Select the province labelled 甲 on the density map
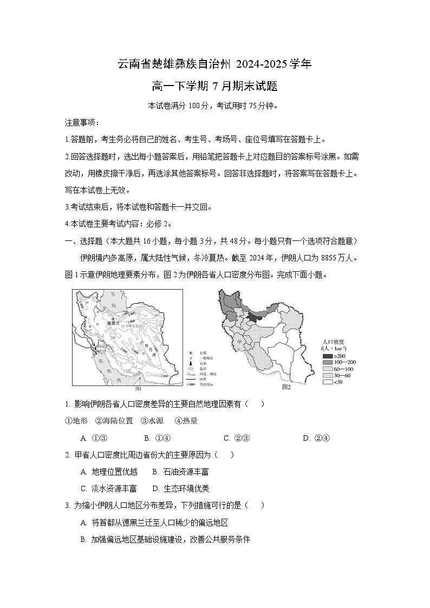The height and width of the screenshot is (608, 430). tap(237, 342)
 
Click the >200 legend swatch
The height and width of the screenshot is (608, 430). tap(328, 356)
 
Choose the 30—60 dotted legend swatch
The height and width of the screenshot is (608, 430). tap(328, 375)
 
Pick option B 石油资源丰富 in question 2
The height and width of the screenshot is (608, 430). tap(181, 472)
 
